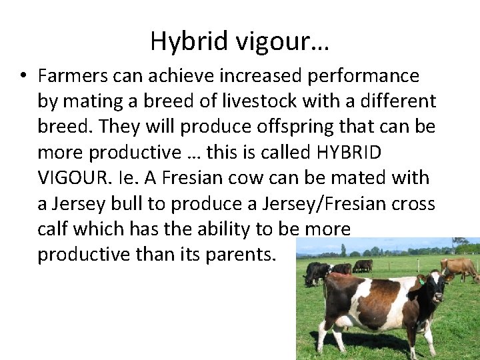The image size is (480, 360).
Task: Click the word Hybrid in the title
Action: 189,41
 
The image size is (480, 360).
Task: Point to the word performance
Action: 363,76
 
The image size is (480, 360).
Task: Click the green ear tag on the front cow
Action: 421,281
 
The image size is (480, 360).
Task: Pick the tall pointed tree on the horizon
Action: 343,250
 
